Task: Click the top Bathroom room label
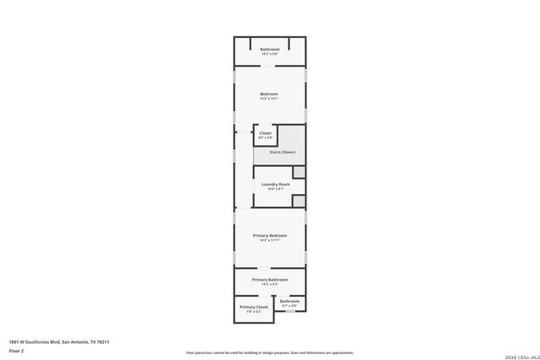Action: click(269, 49)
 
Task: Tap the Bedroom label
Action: click(269, 94)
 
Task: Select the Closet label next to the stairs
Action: click(265, 133)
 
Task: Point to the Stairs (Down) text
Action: click(283, 152)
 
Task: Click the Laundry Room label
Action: click(276, 184)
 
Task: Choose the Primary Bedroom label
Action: click(270, 235)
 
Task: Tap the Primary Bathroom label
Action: click(270, 279)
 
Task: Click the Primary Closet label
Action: click(253, 307)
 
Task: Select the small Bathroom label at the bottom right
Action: click(290, 301)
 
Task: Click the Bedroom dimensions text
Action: click(269, 99)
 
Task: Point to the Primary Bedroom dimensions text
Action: click(270, 240)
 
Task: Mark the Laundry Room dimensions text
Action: click(276, 189)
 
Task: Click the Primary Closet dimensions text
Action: click(253, 312)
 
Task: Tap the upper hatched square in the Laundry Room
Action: click(298, 172)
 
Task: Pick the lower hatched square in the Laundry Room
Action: click(298, 200)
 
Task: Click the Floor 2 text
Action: click(16, 350)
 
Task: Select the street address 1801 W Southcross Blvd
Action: click(59, 341)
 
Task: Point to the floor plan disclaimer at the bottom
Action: click(270, 353)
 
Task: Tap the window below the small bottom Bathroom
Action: click(290, 312)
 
